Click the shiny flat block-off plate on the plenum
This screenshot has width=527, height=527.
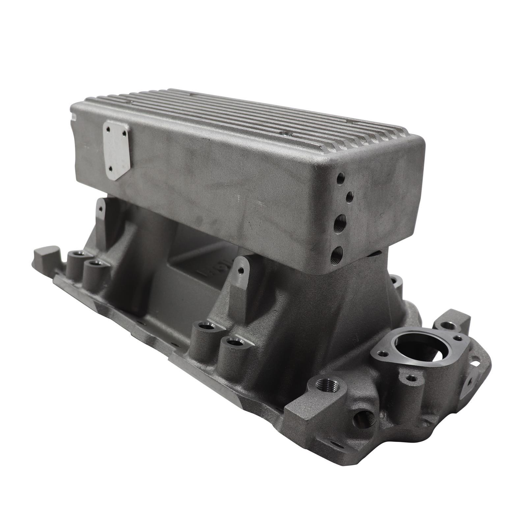pyautogui.click(x=116, y=150)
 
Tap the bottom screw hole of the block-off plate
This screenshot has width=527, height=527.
pyautogui.click(x=110, y=168)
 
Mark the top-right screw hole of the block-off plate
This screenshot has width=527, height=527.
pyautogui.click(x=124, y=133)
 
